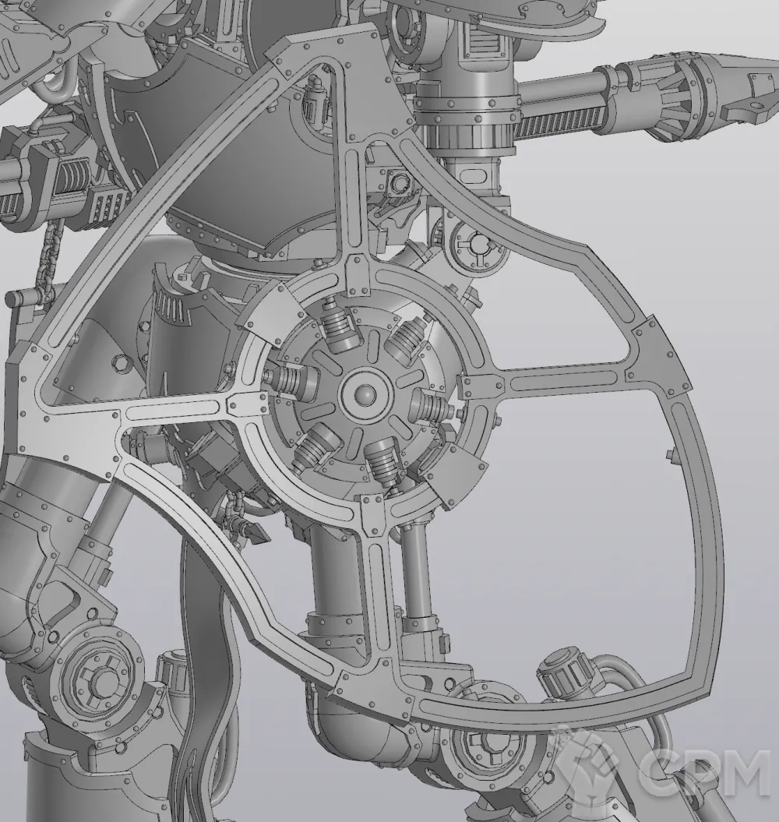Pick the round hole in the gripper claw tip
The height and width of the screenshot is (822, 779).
tap(756, 108)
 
